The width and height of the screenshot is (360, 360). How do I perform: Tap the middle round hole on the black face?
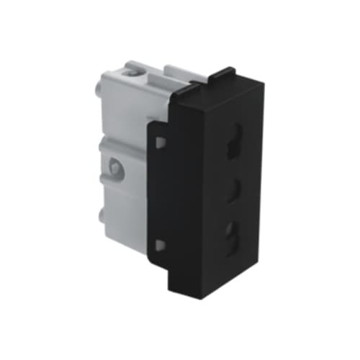point(233,191)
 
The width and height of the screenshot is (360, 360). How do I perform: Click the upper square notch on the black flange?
point(160,142)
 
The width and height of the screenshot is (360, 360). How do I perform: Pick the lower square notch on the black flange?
point(160,245)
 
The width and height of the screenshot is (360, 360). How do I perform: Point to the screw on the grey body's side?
point(114,169)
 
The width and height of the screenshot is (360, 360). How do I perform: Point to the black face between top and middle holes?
point(233,170)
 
